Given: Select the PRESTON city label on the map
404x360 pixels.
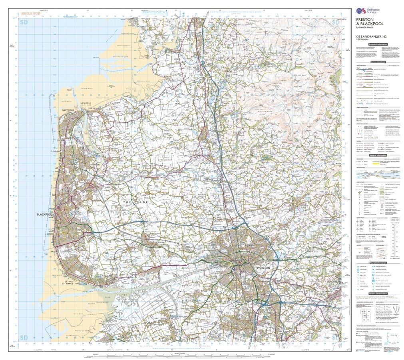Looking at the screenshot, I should [x=263, y=267].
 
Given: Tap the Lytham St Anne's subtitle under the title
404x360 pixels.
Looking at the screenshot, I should [x=366, y=28].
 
